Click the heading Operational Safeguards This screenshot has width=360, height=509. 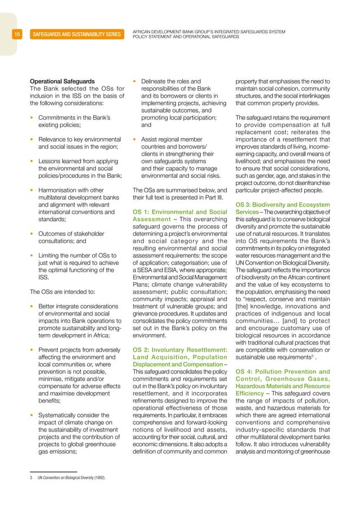coord(62,81)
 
